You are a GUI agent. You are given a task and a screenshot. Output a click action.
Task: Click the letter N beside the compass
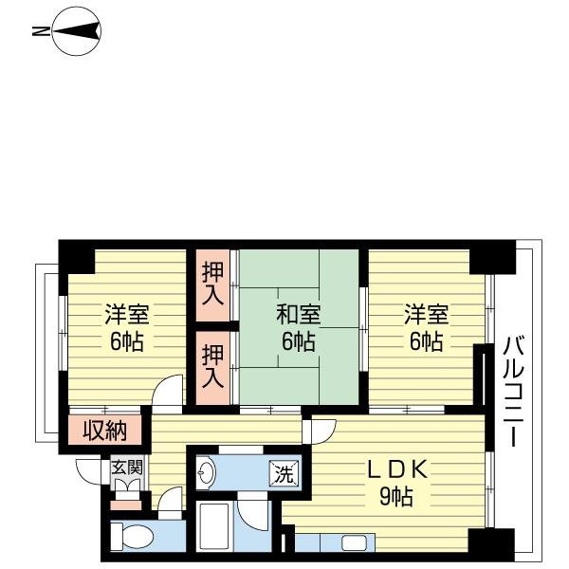pos(41,31)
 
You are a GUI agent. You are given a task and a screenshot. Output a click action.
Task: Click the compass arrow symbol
pos(77,31)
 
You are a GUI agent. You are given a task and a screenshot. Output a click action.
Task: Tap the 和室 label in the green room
pos(299,314)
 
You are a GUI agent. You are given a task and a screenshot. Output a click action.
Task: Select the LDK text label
pos(396,470)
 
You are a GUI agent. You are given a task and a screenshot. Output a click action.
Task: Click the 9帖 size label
pos(396,496)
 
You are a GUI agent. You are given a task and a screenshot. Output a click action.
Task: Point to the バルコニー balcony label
pos(514,391)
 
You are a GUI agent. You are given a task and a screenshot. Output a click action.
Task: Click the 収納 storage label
pos(105,431)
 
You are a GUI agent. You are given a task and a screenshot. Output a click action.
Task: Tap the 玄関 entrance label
pos(127,468)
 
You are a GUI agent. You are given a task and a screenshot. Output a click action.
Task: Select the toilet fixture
pos(132,537)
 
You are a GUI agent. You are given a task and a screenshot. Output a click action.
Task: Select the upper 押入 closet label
pos(212,284)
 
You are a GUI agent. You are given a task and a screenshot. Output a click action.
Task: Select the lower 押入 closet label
pos(212,366)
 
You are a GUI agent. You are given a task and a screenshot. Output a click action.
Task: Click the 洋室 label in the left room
pos(127,314)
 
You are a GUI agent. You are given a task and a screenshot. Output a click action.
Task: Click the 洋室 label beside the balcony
pos(427,314)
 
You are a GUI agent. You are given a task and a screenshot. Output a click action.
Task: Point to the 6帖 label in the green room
pos(299,341)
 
